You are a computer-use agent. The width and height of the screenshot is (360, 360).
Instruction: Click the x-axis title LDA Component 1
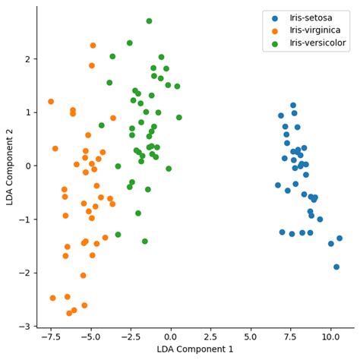195,349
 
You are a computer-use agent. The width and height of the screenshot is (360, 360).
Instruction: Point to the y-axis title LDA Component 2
9,166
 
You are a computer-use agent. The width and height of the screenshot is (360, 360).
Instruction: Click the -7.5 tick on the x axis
50,336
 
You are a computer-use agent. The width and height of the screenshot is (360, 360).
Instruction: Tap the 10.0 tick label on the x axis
330,336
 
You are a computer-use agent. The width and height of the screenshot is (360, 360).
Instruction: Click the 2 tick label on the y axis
27,59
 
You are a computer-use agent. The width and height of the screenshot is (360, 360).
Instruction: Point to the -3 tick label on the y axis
24,327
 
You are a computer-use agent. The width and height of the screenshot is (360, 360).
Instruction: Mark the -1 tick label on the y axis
24,219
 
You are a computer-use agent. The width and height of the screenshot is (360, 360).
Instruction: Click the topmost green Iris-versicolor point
149,21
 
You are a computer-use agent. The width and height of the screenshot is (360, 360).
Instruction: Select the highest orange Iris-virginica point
93,46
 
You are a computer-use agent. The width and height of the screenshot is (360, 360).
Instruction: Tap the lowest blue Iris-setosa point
336,267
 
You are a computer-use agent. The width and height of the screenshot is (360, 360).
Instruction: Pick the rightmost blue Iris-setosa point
339,238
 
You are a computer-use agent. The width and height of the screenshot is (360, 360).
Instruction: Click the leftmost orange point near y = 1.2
51,102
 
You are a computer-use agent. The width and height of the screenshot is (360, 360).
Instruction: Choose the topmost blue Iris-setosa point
293,106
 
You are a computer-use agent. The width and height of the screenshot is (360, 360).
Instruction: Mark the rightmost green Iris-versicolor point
179,118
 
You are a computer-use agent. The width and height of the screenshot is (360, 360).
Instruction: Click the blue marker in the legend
275,17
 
